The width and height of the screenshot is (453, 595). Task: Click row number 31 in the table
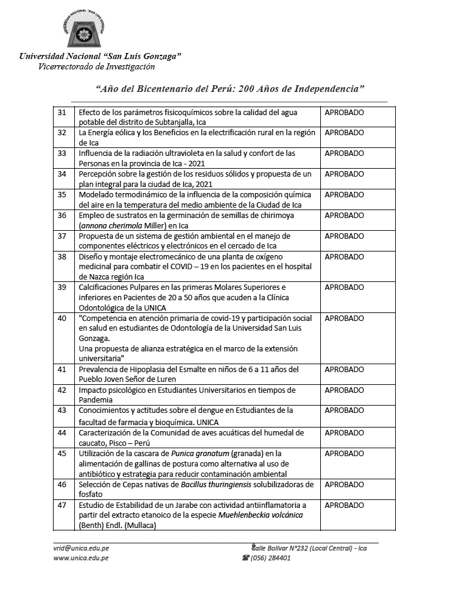click(61, 113)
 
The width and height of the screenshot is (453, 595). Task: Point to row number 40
click(61, 318)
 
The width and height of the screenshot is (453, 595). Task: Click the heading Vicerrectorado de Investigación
click(96, 66)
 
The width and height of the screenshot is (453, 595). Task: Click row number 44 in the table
click(61, 432)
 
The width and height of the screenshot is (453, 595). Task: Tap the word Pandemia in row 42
click(96, 400)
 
